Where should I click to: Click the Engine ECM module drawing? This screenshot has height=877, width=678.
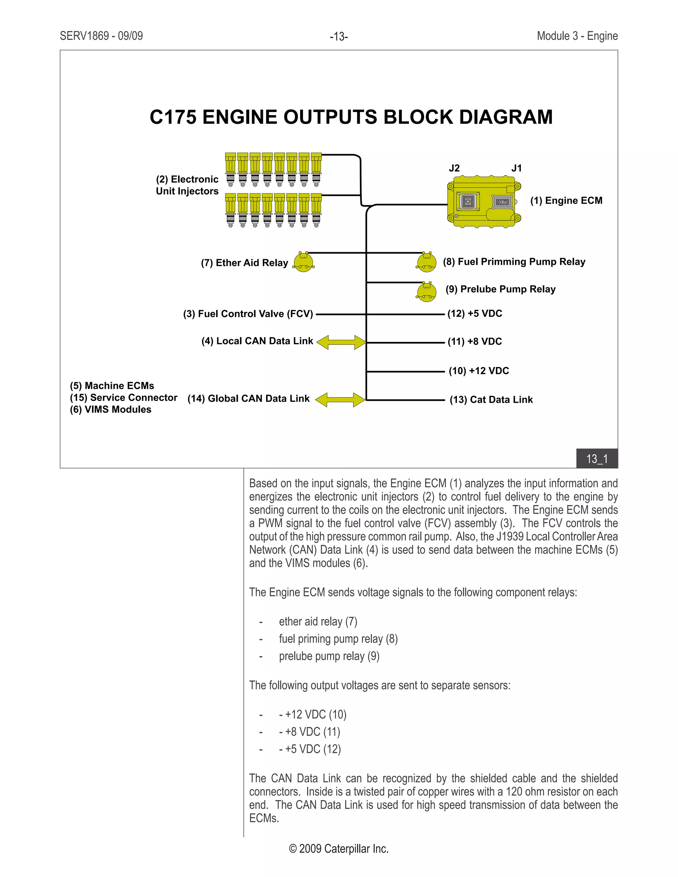pos(484,202)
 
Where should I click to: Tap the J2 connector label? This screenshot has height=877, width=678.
pos(454,168)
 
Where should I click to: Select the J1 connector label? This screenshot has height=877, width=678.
pos(516,168)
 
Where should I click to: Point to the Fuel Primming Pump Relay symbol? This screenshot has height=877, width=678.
pos(426,262)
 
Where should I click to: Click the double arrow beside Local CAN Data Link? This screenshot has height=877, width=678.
pos(341,343)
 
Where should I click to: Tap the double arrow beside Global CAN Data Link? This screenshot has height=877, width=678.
pos(340,400)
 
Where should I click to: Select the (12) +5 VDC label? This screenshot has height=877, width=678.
pos(475,314)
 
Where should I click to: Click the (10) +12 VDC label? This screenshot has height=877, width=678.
pos(479,371)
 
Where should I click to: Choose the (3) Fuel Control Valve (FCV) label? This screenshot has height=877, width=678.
pos(248,314)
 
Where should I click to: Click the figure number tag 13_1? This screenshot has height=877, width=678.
pos(597,459)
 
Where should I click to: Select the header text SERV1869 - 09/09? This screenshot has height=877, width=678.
pos(101,36)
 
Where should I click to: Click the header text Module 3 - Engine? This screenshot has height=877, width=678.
pos(577,36)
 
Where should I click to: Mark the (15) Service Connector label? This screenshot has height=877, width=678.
pos(124,397)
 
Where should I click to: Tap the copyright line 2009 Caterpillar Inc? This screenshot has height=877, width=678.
pos(339,849)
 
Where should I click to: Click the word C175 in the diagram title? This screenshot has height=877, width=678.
pos(173,117)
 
